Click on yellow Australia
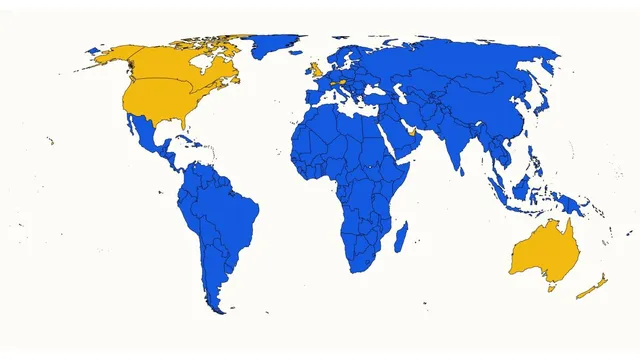click(x=542, y=251)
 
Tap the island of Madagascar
click(x=401, y=237)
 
